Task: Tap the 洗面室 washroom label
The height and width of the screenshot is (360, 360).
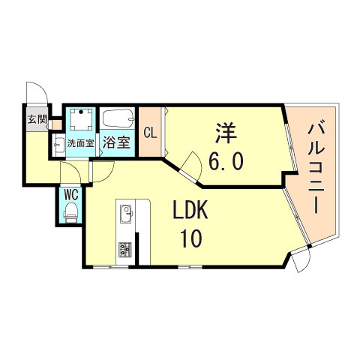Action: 80,142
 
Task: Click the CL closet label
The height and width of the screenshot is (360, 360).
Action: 150,134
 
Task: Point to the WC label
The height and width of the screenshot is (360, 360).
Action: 70,195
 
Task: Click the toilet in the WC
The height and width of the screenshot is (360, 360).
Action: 70,213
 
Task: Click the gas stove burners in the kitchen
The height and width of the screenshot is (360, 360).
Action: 124,249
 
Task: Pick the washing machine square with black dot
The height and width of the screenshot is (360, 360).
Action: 81,120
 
